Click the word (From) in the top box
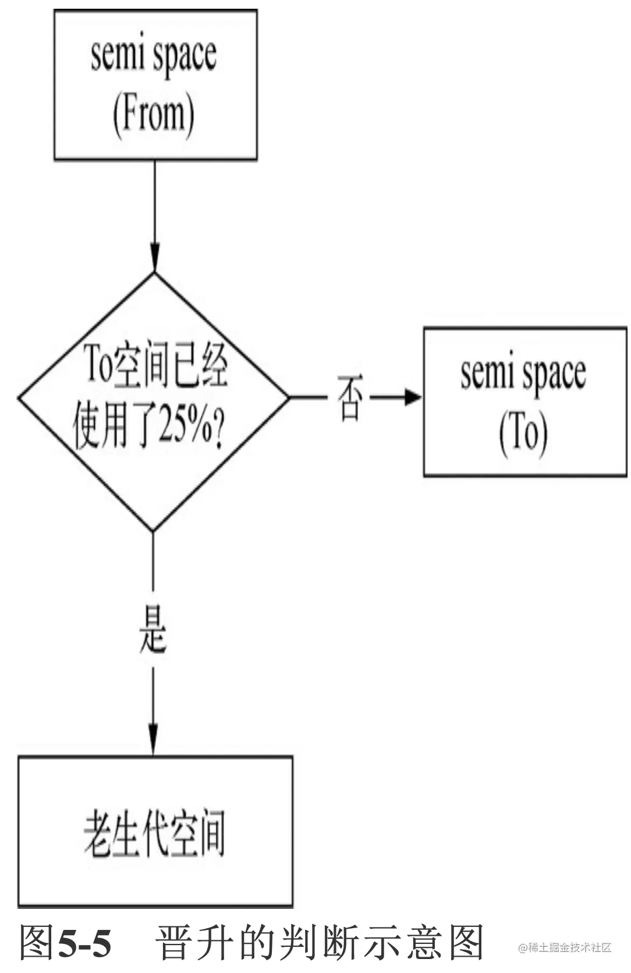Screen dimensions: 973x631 (153, 115)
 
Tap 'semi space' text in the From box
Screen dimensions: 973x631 (154, 56)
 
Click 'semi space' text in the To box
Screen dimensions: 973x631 (523, 373)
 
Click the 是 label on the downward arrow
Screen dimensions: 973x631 (153, 629)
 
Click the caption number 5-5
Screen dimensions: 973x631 (85, 943)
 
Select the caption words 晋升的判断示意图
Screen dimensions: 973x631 (320, 943)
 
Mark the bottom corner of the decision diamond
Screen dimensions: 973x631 (153, 530)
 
